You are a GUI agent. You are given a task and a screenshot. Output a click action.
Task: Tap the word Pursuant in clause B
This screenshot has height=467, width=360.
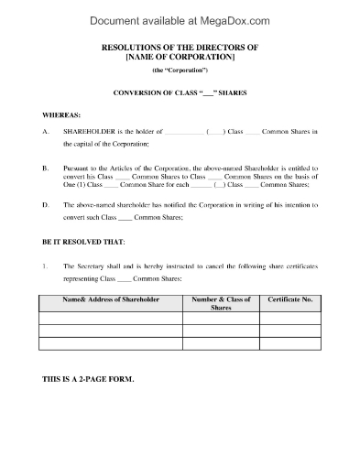82,168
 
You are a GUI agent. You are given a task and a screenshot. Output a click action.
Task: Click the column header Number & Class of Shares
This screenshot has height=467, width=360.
220,303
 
